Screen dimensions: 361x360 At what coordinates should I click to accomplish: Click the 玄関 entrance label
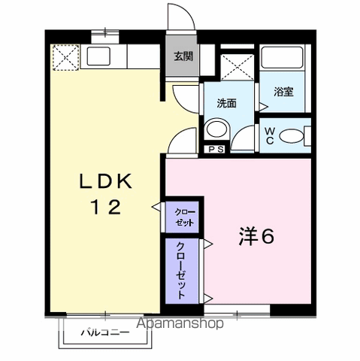tap(183, 56)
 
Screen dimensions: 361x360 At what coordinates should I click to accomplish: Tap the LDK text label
tap(107, 181)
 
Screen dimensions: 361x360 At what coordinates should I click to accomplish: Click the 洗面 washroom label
tap(227, 104)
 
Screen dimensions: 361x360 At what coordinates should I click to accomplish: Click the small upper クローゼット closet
tap(185, 219)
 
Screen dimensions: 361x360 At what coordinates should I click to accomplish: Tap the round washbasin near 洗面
tap(216, 129)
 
